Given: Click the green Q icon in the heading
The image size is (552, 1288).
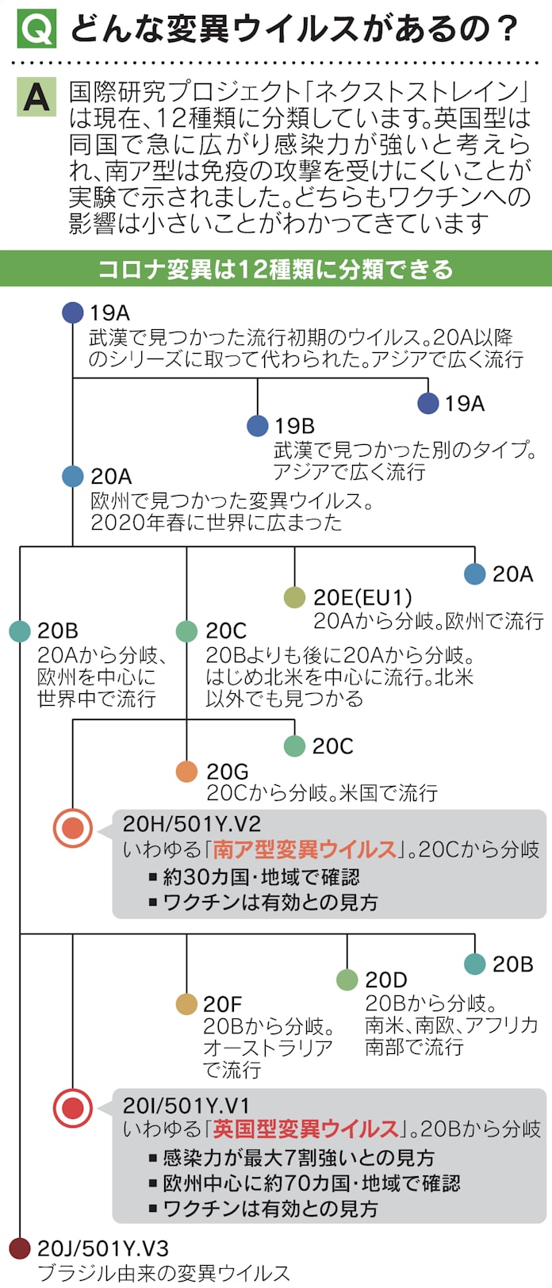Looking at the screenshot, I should click(x=36, y=29).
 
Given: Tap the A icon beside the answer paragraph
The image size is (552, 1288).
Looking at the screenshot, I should click(x=36, y=98).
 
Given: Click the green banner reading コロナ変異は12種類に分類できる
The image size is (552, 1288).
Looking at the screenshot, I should click(x=276, y=269).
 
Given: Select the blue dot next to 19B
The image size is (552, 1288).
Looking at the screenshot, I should click(x=258, y=426).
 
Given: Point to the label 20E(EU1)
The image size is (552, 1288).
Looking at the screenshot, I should click(x=362, y=598).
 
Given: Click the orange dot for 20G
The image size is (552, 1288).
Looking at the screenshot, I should click(x=186, y=771).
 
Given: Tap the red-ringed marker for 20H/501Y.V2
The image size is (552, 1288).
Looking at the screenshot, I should click(x=73, y=827).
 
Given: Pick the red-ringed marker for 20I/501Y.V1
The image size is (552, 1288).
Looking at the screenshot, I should click(x=73, y=1107).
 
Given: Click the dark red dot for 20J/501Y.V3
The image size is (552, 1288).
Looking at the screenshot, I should click(x=20, y=1248).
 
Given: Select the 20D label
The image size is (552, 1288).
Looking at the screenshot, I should click(x=386, y=980).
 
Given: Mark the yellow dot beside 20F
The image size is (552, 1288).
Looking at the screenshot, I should click(x=186, y=1004).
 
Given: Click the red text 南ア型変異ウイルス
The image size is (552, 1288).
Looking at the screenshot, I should click(x=305, y=849).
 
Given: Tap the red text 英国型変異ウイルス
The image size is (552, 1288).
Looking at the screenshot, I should click(x=305, y=1129).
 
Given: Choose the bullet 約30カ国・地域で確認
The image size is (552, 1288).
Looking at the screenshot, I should click(x=261, y=876).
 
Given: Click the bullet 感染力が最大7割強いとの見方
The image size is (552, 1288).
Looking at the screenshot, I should click(x=298, y=1157).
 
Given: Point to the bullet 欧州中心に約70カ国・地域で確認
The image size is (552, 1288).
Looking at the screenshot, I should click(x=311, y=1183).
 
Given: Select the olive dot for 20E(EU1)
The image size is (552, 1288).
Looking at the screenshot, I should click(x=294, y=598).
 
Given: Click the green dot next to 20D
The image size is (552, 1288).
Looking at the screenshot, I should click(x=347, y=980).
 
